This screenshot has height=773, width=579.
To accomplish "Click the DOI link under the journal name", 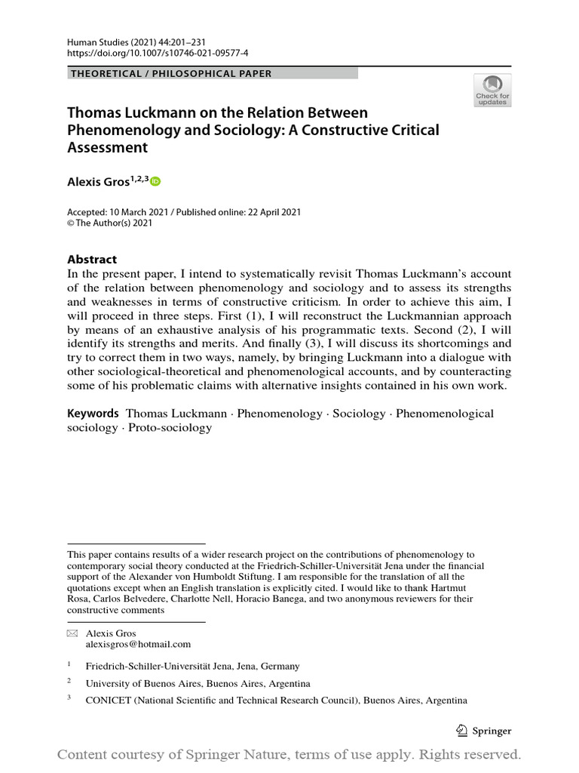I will point(147,54).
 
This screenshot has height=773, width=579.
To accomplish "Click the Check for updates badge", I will point(492,90).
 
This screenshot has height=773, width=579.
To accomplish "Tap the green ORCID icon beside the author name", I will point(155,181).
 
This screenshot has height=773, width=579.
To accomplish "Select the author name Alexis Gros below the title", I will point(98,182).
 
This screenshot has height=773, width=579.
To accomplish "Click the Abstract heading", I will point(92,259).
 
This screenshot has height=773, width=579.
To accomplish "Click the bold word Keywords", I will point(93,414).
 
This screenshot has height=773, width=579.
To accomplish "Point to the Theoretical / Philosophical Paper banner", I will point(212,73).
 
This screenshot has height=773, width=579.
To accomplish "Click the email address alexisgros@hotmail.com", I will point(139,644).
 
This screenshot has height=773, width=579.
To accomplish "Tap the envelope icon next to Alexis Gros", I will point(72,633).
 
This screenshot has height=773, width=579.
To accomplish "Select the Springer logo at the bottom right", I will point(485,731).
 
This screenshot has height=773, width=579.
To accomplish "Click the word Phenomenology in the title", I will point(124,130).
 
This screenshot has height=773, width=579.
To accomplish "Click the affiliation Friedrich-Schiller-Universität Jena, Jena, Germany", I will point(193,666).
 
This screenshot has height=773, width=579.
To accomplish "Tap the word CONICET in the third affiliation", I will point(109,700).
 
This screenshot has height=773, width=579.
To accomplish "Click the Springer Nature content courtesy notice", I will point(289,754).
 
